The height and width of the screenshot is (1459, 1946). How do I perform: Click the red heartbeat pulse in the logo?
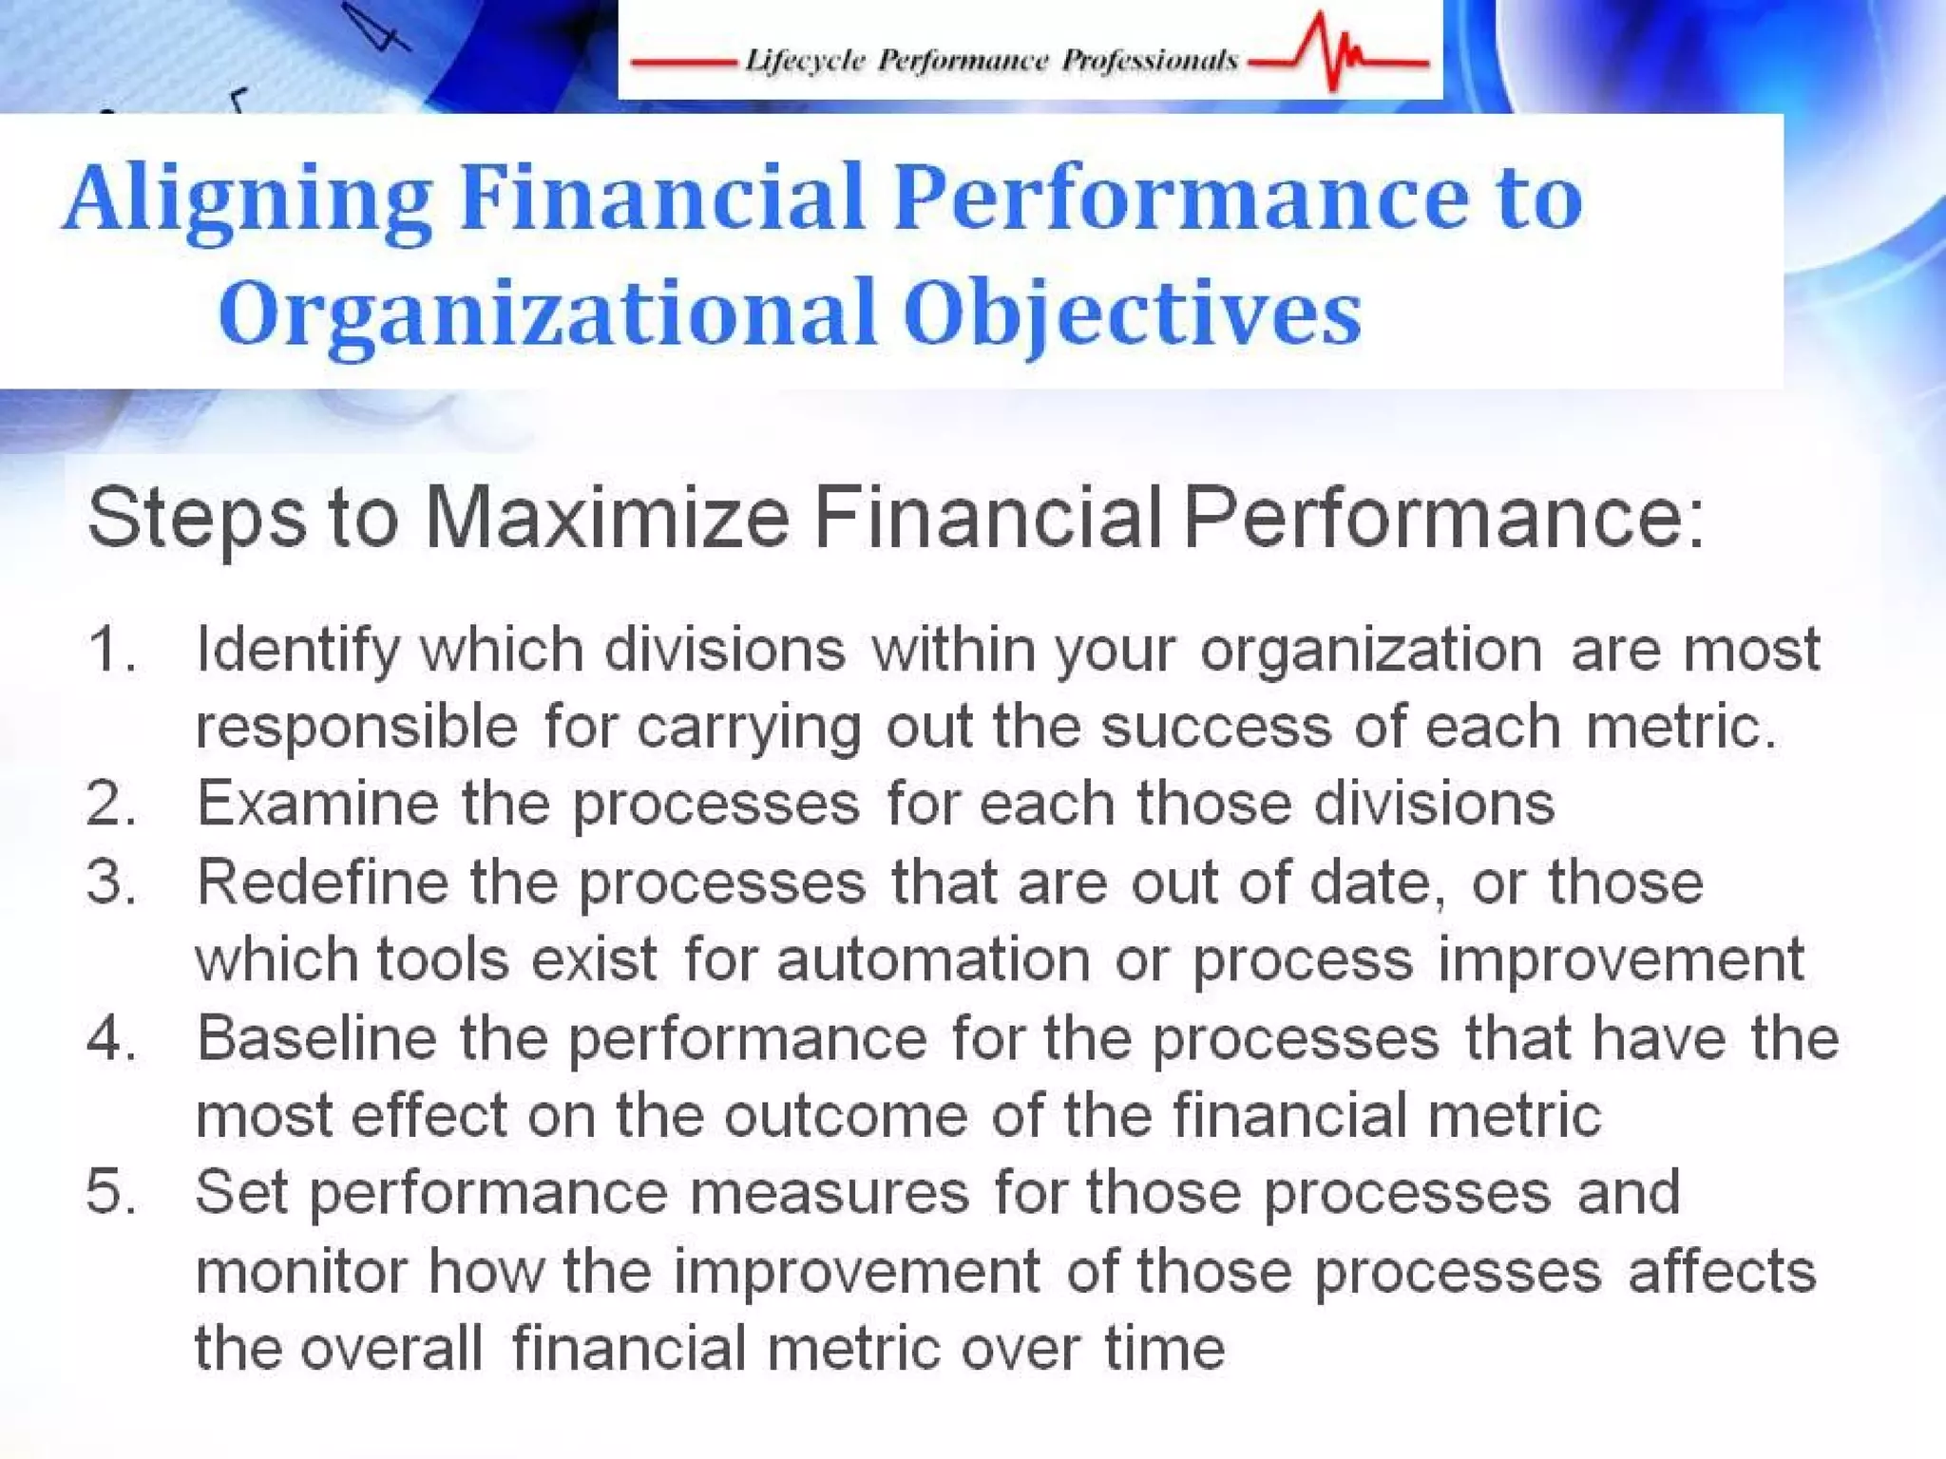tap(1335, 52)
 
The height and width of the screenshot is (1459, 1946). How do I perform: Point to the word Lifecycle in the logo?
tap(804, 61)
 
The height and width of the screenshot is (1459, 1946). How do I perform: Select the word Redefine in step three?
tap(322, 882)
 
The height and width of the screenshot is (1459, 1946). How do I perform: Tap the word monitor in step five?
tap(300, 1272)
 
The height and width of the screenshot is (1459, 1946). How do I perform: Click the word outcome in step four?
tap(845, 1116)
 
